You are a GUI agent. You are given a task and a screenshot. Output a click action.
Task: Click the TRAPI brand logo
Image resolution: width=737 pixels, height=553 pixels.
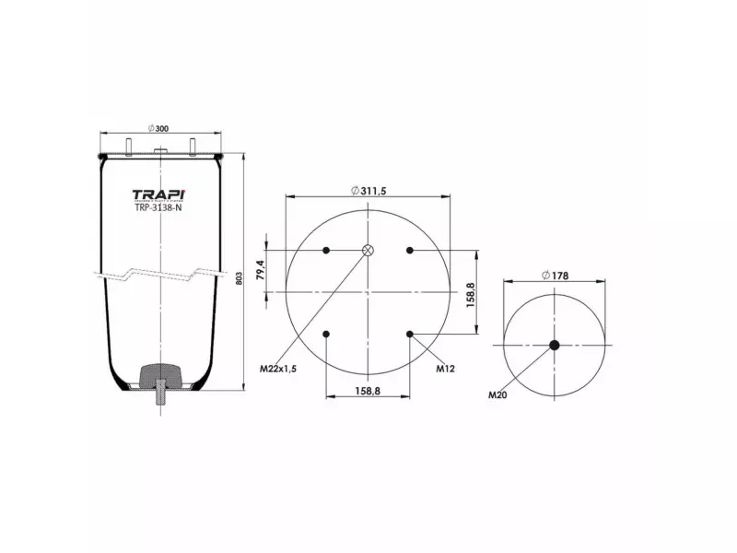pos(158,194)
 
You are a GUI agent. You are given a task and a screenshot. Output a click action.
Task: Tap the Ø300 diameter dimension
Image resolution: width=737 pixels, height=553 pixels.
pos(158,128)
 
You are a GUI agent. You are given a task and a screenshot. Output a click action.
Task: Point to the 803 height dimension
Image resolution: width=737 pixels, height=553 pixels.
pos(239,276)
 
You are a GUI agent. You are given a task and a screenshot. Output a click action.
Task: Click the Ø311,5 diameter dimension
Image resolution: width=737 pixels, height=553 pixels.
pos(368,190)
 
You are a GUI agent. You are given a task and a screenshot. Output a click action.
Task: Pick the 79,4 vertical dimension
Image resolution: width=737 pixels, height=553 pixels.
pos(261,271)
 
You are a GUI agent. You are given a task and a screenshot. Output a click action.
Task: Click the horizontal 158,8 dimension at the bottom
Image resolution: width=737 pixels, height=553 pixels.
pos(368,392)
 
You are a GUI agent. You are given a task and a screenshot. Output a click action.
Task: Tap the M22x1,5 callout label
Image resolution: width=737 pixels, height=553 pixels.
pos(279,369)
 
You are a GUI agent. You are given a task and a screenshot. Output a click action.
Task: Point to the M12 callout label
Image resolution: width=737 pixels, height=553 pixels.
pos(446,369)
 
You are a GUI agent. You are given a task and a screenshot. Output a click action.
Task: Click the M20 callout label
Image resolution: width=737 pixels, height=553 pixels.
pos(498,395)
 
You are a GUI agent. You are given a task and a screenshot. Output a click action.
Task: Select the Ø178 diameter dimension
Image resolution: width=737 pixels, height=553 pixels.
pos(554,276)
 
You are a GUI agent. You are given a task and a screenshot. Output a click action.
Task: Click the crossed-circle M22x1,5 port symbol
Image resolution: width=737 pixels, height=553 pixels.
pos(368,251)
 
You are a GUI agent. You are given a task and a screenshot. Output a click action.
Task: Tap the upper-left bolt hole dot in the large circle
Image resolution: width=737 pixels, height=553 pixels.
pos(327,251)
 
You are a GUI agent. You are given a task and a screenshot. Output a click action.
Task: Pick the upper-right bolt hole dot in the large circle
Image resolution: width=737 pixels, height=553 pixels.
pos(409,251)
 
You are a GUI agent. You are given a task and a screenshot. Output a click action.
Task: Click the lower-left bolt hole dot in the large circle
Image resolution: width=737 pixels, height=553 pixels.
pos(327,334)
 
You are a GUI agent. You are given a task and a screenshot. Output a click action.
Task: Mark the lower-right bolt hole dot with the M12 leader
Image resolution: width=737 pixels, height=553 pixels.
pos(409,334)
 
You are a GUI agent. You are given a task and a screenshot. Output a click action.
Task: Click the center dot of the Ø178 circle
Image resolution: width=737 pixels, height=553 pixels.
pos(554,345)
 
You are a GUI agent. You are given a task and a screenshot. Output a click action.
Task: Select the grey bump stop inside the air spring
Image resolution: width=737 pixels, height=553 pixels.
pos(161,375)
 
